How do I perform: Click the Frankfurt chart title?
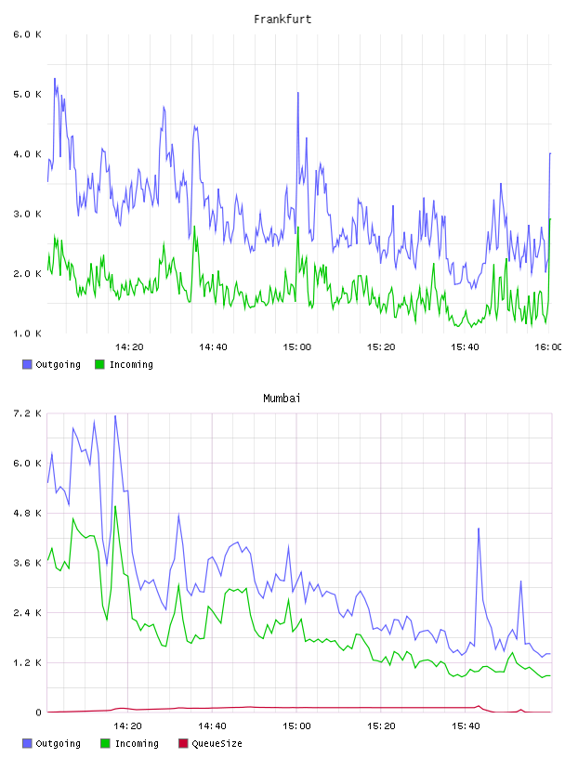[x=282, y=20]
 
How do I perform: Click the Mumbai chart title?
[x=282, y=399]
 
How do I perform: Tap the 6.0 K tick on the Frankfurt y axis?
[x=28, y=34]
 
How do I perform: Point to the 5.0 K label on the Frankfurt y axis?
[x=28, y=94]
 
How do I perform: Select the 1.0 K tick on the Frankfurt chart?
[x=28, y=333]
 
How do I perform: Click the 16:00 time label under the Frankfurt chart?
[x=548, y=347]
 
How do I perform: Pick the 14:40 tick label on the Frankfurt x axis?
[x=213, y=347]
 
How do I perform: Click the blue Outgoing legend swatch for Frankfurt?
[x=27, y=364]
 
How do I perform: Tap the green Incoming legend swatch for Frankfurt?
[x=99, y=364]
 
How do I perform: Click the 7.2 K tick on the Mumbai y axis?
[x=28, y=413]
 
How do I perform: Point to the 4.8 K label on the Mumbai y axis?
[x=28, y=513]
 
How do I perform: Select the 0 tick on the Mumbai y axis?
[x=38, y=712]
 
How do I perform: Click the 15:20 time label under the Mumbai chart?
[x=381, y=726]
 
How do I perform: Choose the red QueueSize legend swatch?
[x=183, y=743]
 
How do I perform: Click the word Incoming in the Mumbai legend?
[x=137, y=743]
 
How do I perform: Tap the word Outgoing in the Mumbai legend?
[x=58, y=743]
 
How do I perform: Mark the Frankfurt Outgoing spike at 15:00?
[x=298, y=93]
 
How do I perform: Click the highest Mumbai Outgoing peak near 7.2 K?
[x=115, y=416]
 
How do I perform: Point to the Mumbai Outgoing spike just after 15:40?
[x=479, y=529]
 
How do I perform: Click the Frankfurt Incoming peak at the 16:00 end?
[x=550, y=219]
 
